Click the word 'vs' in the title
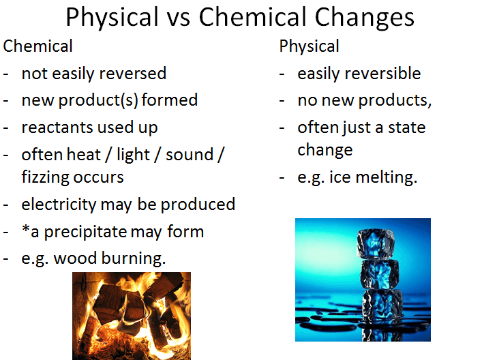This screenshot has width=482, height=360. coord(177,17)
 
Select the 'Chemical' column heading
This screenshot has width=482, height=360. coord(38,47)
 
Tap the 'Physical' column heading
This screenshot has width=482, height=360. coord(309,47)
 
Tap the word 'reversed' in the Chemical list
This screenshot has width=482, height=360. coord(130,73)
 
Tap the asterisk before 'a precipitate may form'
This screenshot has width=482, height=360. coord(25,229)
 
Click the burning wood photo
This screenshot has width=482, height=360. coord(132,316)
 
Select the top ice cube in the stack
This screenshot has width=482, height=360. coord(377,243)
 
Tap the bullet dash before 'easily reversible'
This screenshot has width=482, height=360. coord(283,74)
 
